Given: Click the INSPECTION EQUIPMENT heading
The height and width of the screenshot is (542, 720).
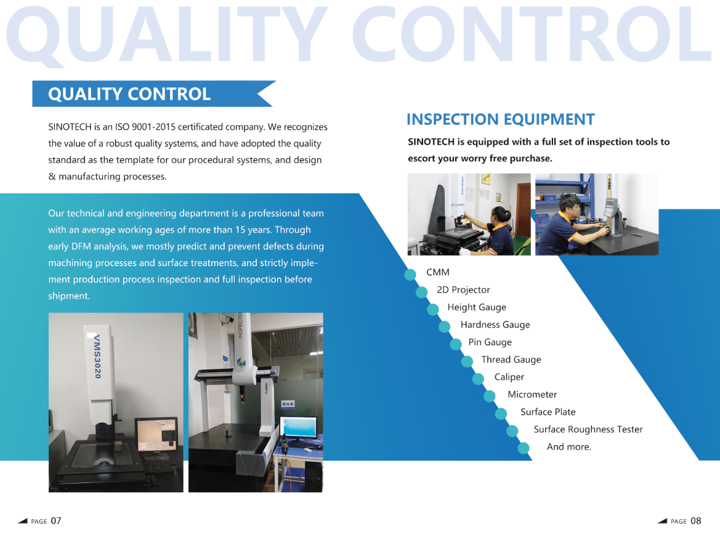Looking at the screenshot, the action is coord(501,119).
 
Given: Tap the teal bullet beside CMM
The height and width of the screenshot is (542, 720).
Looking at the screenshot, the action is coord(410,275).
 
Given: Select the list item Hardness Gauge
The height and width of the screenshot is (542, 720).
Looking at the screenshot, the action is coord(495,325).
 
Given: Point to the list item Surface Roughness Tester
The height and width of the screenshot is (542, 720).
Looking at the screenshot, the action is coord(588,429).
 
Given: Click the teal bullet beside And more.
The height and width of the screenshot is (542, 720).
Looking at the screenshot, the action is coord(524,448).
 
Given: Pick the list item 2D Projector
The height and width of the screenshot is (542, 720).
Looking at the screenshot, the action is coord(463,290).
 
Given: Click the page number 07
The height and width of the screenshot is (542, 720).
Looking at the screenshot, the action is coord(56,521).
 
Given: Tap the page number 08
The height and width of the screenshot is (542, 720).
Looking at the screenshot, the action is coord(695,521).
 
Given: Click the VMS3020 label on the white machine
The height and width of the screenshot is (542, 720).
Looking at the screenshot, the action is coord(97,357).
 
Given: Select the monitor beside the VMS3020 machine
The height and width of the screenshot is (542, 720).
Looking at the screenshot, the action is coord(156,435).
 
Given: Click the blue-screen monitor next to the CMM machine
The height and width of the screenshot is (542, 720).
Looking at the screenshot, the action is coord(299,427).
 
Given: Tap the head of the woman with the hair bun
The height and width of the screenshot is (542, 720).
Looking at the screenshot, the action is coord(499,214).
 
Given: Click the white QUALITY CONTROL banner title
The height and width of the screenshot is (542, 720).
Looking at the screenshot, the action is coord(129,94).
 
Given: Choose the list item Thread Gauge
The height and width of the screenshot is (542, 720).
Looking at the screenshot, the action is coord(511,360).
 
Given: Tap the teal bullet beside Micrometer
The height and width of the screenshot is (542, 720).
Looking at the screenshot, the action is coord(490,396).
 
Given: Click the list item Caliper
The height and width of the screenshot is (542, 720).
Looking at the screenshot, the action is coord(509,377).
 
